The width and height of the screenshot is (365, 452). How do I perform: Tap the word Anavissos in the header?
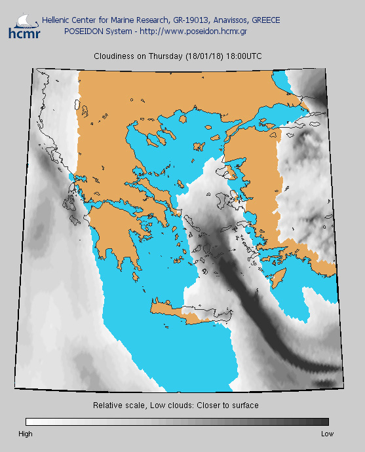[x=222, y=20]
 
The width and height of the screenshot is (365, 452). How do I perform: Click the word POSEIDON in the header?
[x=83, y=31]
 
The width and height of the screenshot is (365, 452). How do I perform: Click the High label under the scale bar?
[x=26, y=434]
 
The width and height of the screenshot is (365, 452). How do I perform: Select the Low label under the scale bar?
[x=327, y=434]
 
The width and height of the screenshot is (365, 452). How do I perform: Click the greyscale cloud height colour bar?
[x=177, y=422]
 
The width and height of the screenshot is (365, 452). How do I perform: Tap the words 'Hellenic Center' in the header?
[x=68, y=20]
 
